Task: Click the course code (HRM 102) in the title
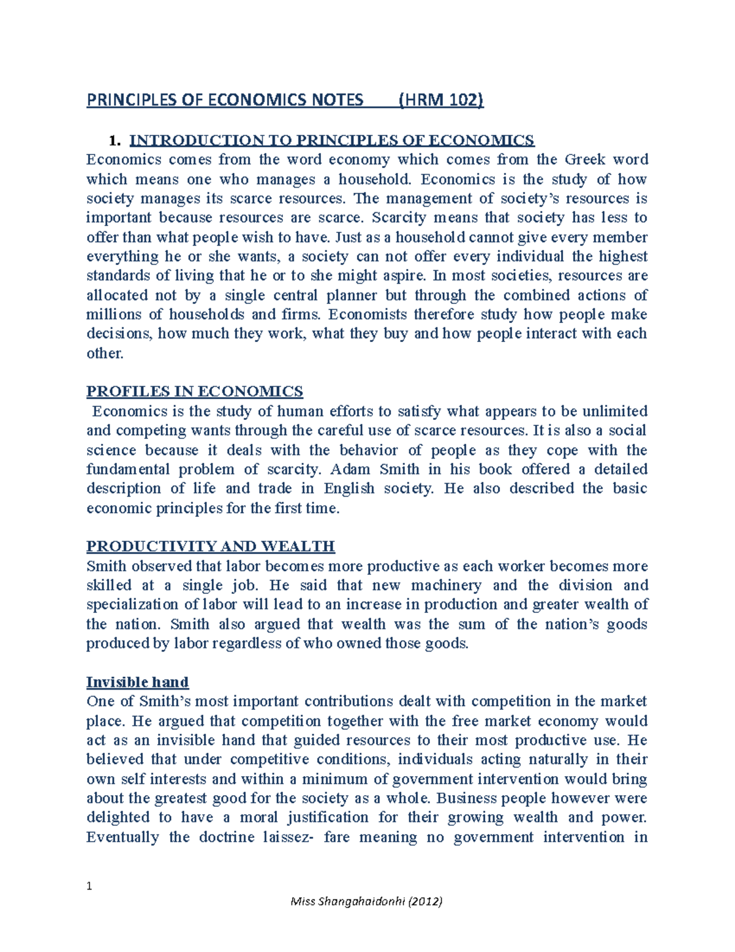coord(441,99)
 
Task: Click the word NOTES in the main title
coord(337,99)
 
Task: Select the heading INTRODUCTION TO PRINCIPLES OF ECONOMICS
coord(331,140)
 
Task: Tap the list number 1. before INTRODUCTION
coord(114,140)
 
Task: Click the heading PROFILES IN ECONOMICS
coord(195,392)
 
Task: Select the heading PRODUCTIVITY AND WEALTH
coord(211,546)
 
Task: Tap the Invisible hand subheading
coord(137,682)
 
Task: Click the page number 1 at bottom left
coord(89,886)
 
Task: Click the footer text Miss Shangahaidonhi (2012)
coord(366,901)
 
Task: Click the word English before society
coord(349,489)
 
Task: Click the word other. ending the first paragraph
coord(105,354)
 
